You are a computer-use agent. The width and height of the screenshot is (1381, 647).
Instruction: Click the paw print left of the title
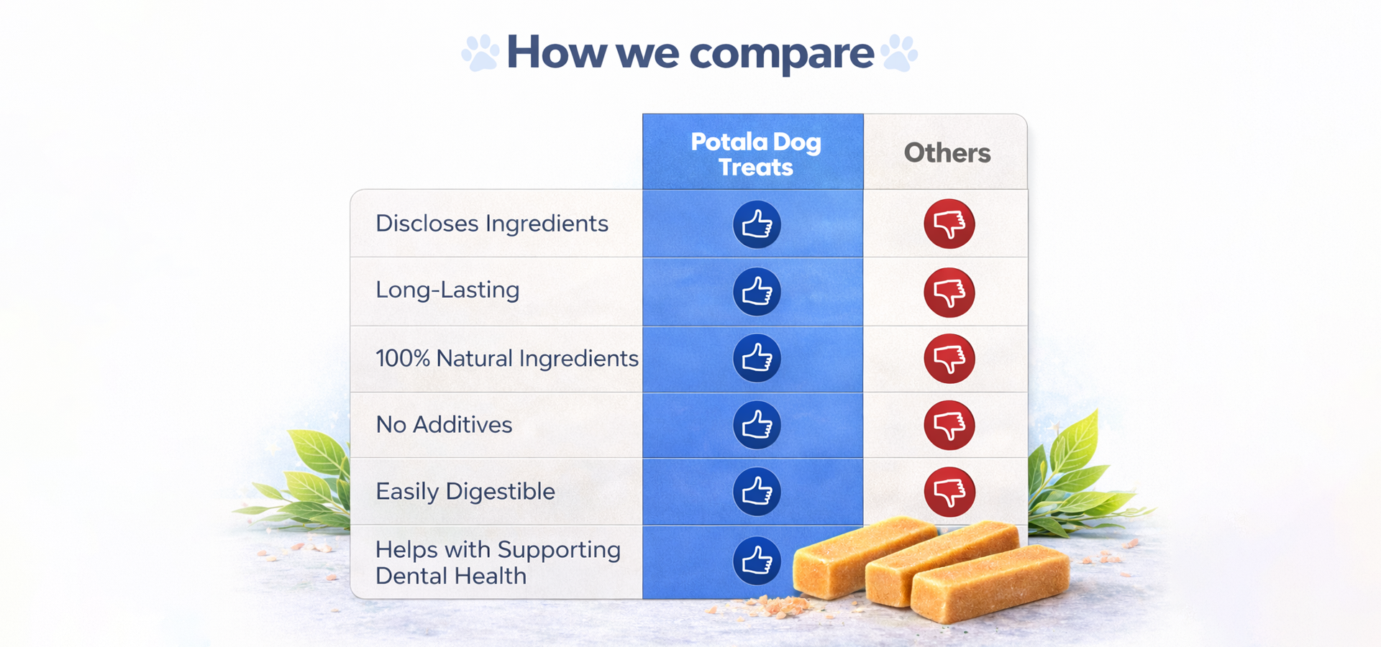coord(480,52)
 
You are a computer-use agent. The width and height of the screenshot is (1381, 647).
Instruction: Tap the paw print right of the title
coord(899,52)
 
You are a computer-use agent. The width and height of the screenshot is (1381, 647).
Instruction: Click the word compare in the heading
coord(782,54)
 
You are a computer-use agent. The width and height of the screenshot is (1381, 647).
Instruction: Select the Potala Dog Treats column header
coord(756,155)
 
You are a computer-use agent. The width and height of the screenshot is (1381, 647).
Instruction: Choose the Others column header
coord(947,153)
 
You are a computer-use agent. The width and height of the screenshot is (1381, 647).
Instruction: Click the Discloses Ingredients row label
coord(492,224)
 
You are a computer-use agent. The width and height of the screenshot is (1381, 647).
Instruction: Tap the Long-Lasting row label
coord(447,290)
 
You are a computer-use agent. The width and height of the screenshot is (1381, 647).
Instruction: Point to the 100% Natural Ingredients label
coord(507,358)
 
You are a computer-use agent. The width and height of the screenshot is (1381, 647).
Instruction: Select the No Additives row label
coord(444,425)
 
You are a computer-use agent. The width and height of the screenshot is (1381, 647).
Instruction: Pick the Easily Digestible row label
coord(465,492)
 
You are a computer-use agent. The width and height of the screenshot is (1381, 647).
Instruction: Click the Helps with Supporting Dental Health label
coord(498,563)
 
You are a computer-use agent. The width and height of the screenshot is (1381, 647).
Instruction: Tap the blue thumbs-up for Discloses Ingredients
coord(757,224)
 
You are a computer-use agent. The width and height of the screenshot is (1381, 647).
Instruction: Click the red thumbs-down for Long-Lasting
coord(949,293)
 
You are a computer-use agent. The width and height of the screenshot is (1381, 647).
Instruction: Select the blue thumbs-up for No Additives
coord(757,425)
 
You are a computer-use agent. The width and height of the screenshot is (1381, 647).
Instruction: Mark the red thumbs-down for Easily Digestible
coord(949,492)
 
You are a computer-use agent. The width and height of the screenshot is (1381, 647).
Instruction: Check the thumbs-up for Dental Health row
coord(757,561)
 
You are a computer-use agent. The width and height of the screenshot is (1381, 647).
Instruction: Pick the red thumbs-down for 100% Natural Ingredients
coord(949,359)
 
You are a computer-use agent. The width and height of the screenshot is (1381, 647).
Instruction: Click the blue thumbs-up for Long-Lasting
coord(757,292)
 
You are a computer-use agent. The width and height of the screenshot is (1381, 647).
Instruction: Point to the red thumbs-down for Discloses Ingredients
coord(949,224)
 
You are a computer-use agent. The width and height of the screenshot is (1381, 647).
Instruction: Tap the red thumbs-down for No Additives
coord(949,425)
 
